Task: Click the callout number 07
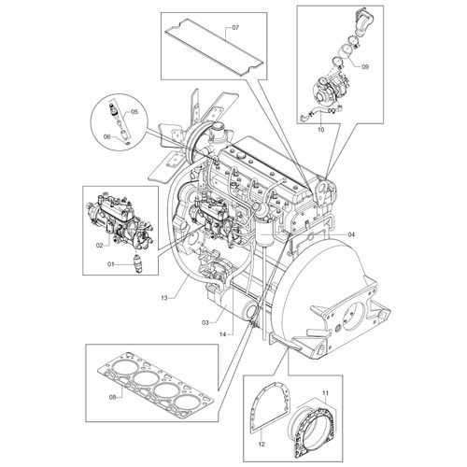[x=234, y=27]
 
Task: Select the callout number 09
[x=365, y=66]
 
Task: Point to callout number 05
[x=133, y=112]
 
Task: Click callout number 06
[x=106, y=136]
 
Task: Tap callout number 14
[x=224, y=333]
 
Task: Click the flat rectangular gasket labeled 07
[x=201, y=44]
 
